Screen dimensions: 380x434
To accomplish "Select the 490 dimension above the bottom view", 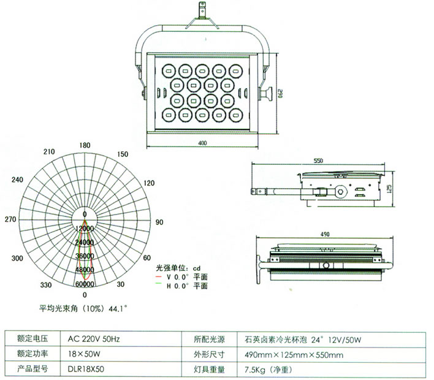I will (324, 234).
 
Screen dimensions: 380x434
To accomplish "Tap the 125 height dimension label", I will (406, 186).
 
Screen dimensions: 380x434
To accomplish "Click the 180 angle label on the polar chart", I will (86, 145).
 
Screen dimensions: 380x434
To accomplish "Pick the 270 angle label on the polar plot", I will (10, 219).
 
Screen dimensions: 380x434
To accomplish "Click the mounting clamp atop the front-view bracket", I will (202, 12).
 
